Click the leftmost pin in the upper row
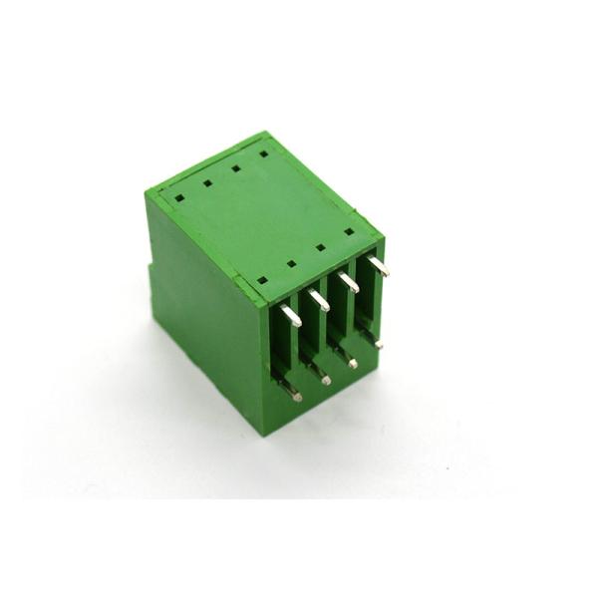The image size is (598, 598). pyautogui.click(x=291, y=316)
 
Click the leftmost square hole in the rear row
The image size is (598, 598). pyautogui.click(x=179, y=197)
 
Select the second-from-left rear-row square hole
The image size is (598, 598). pyautogui.click(x=207, y=182)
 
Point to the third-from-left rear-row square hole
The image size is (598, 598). pyautogui.click(x=235, y=168)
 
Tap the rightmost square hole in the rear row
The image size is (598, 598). pyautogui.click(x=263, y=153)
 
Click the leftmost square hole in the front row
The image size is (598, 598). pyautogui.click(x=262, y=280)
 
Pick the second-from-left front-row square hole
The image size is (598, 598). pyautogui.click(x=291, y=264)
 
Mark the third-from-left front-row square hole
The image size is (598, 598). pyautogui.click(x=320, y=247)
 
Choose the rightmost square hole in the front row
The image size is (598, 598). pyautogui.click(x=349, y=231)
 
